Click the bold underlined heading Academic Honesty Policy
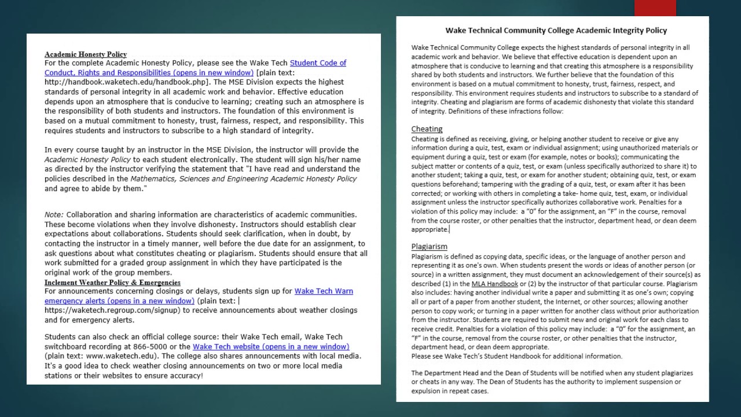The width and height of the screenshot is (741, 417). click(x=86, y=54)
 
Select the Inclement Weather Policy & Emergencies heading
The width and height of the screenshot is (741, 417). click(x=112, y=282)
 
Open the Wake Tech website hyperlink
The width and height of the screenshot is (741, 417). click(x=271, y=346)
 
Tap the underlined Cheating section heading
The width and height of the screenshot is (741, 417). click(x=427, y=129)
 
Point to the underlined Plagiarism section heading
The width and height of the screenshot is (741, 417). click(x=429, y=246)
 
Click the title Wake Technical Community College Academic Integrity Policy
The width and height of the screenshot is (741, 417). click(x=556, y=30)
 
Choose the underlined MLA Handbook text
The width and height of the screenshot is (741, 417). click(x=494, y=284)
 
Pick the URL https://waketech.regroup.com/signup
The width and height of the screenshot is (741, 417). click(x=112, y=310)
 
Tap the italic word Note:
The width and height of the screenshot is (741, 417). click(x=54, y=214)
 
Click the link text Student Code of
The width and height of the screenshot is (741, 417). click(x=318, y=63)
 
